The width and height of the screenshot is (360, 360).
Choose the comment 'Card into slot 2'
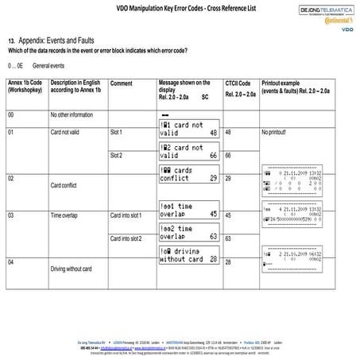pos(125,238)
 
